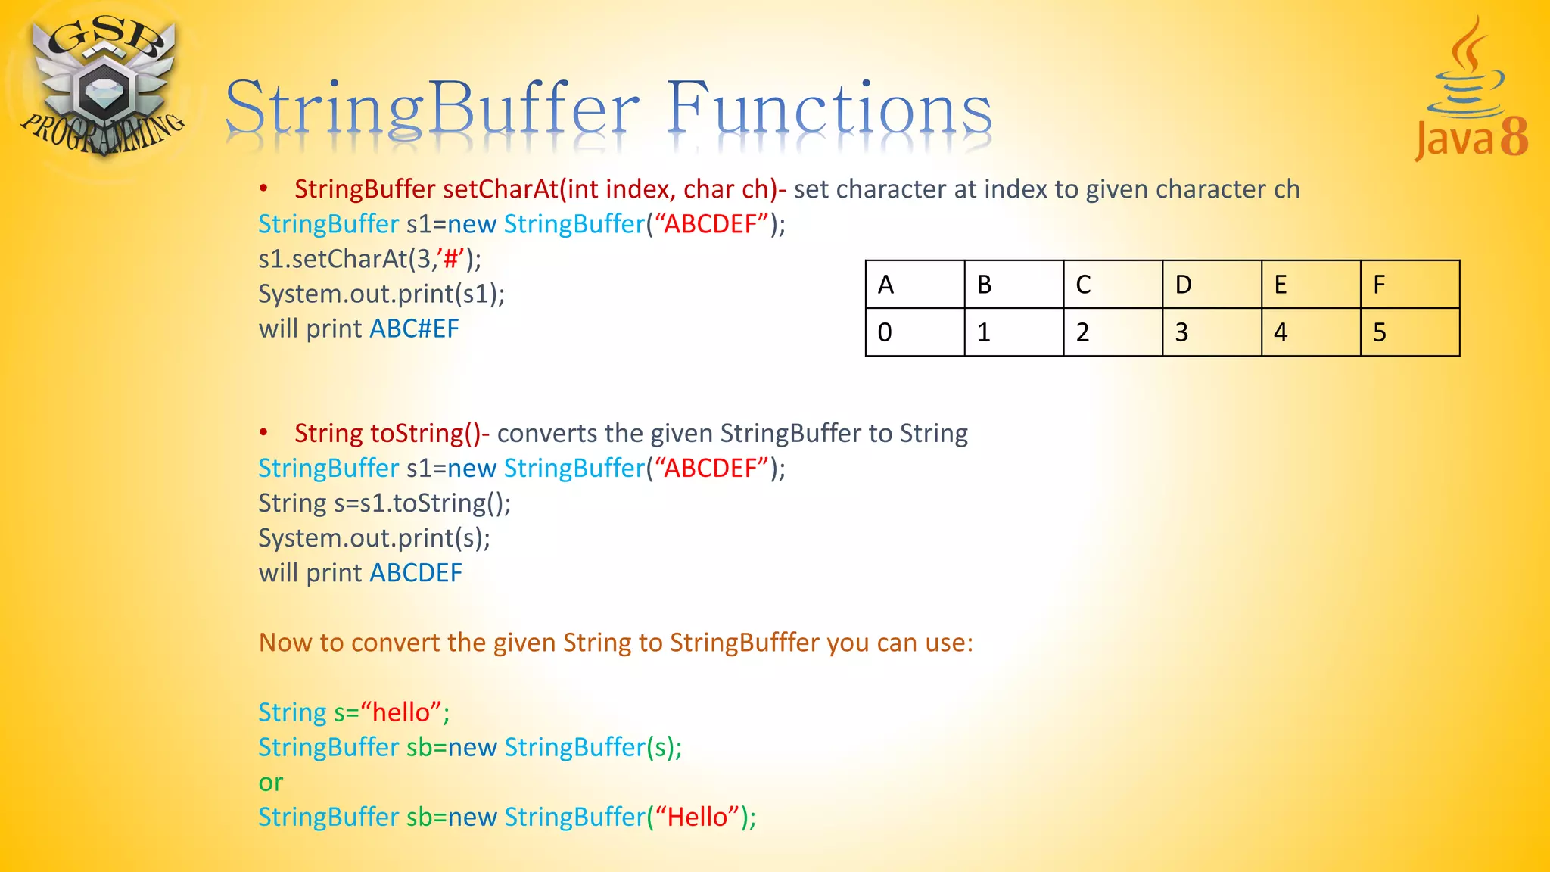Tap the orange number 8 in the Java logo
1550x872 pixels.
pos(1513,138)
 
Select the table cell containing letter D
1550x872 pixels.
pos(1211,285)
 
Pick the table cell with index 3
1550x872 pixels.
pos(1211,332)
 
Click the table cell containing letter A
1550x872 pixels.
pos(914,285)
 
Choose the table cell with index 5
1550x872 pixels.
pos(1409,332)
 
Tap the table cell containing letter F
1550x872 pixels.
pos(1409,285)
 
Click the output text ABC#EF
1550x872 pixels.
pos(414,329)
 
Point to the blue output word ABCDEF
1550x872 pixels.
pos(416,573)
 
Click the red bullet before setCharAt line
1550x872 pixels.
pos(263,188)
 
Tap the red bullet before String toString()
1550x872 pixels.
pos(263,433)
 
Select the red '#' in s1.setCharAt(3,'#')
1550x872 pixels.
pos(451,260)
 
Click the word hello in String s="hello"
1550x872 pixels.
pos(401,713)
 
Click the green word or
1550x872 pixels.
pos(270,783)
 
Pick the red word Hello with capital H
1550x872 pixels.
pos(697,817)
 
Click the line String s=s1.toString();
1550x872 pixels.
pos(384,503)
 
